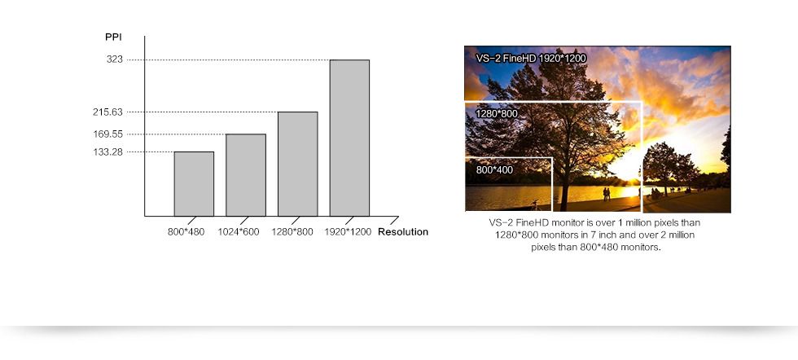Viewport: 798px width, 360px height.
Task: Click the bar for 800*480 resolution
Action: point(194,184)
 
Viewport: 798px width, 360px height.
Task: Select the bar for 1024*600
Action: point(246,175)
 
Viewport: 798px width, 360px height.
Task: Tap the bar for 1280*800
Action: point(298,164)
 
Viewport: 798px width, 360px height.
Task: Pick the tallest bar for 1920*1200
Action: point(349,138)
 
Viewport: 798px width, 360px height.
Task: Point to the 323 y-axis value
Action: point(115,59)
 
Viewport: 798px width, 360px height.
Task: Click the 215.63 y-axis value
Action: point(107,112)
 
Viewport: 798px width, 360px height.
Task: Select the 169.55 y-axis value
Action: point(107,134)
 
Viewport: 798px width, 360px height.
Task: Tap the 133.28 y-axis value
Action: point(107,151)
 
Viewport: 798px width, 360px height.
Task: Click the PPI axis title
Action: point(113,37)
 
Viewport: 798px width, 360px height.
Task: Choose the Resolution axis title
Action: point(403,232)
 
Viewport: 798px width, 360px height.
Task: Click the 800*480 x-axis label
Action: point(186,232)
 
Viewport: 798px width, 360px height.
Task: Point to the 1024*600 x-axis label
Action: point(239,232)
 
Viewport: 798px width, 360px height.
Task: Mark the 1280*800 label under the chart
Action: point(292,232)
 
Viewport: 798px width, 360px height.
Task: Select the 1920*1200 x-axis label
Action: point(349,232)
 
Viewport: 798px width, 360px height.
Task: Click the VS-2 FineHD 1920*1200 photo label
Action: point(531,59)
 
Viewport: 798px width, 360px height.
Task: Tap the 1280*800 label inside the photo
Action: point(497,113)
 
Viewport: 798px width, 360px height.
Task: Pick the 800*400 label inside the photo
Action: point(495,170)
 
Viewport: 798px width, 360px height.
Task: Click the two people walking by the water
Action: point(606,194)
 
